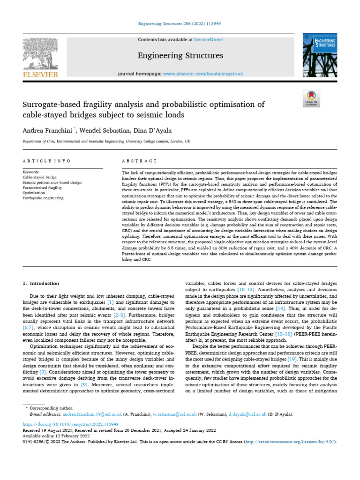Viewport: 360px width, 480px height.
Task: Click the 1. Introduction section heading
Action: [41, 284]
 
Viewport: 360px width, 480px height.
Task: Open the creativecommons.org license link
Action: [293, 442]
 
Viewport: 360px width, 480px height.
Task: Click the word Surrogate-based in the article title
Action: [51, 105]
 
